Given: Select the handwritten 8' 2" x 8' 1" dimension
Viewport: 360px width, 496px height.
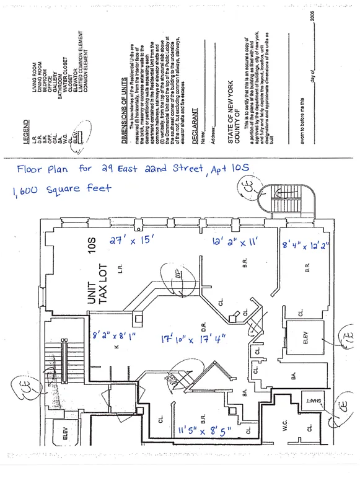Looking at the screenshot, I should (113, 337).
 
